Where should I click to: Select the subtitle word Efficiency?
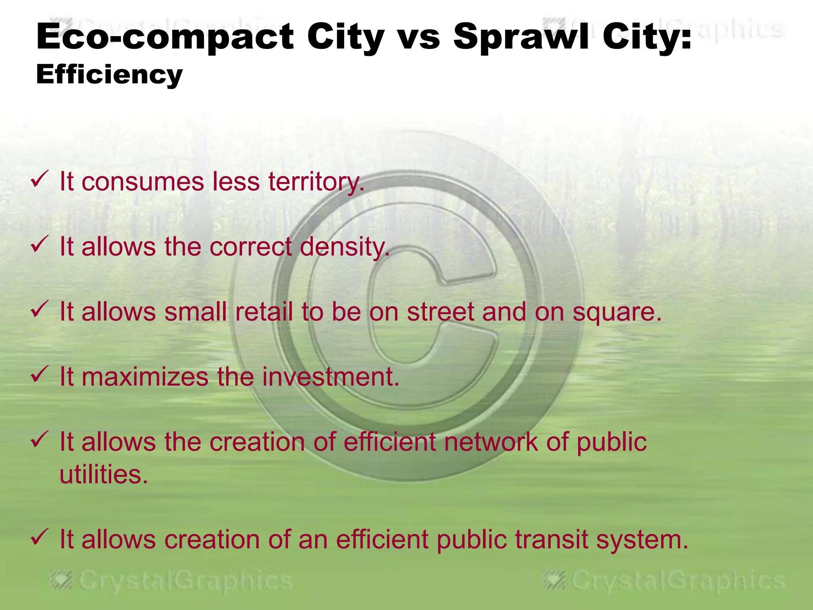point(109,75)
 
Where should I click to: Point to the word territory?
point(316,182)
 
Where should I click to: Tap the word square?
point(617,313)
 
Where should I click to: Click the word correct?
point(251,247)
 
